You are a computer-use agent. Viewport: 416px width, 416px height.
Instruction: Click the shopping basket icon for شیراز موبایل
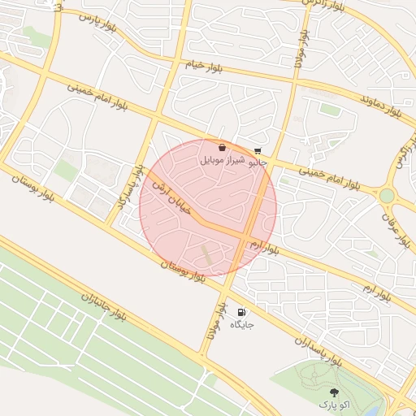223,149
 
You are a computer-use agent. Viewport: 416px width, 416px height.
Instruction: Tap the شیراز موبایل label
223,162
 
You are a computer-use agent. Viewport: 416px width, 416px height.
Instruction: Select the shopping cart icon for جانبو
258,150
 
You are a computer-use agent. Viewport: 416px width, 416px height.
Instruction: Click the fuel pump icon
241,312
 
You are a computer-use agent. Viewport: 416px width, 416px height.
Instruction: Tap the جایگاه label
242,325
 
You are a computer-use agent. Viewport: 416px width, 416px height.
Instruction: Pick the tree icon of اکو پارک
333,391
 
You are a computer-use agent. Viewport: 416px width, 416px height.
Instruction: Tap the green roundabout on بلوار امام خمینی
387,196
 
